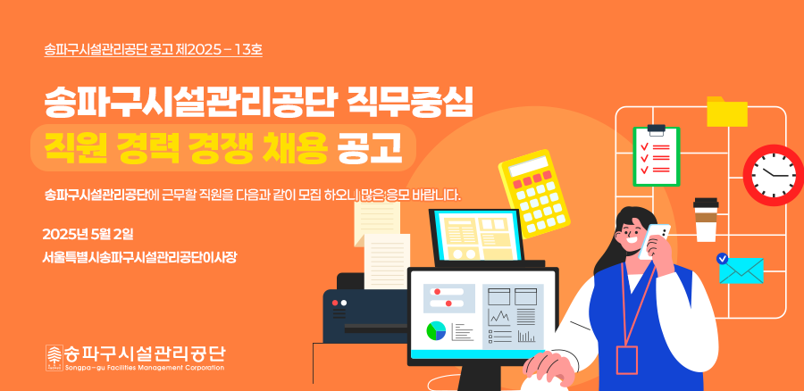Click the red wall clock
(x=774, y=175)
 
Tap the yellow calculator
(x=534, y=193)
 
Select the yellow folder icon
(x=726, y=112)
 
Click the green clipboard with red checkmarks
(x=657, y=156)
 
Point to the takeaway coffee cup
(x=706, y=220)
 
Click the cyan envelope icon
(x=741, y=270)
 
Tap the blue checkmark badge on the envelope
(x=723, y=259)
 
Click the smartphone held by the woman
(x=655, y=241)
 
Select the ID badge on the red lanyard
(x=627, y=360)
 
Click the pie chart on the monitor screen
(x=436, y=331)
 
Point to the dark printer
(x=365, y=307)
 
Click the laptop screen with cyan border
(x=477, y=235)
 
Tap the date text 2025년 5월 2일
(x=88, y=235)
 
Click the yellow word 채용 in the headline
(x=295, y=147)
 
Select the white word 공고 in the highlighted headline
(x=369, y=147)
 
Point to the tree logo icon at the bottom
(x=54, y=358)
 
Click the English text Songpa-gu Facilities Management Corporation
(x=145, y=368)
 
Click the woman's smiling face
(x=632, y=234)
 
